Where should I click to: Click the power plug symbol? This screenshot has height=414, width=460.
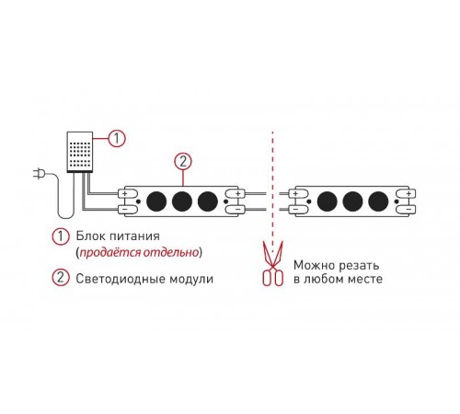(x=39, y=174)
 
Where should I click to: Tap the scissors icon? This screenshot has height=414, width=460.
(x=272, y=263)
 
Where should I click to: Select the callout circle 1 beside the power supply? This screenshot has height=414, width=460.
(x=117, y=139)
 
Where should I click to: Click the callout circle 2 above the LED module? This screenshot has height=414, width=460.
(x=183, y=161)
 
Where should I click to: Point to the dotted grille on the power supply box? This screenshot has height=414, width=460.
(x=80, y=153)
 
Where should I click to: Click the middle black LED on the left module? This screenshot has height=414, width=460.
(x=182, y=201)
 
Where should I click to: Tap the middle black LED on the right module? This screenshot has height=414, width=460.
(x=352, y=201)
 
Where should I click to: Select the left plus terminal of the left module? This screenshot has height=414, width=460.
(x=128, y=193)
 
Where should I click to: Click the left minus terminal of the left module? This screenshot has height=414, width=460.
(x=128, y=209)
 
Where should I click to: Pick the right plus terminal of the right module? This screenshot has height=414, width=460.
(x=406, y=193)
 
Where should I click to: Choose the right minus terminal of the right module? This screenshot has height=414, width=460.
(x=406, y=209)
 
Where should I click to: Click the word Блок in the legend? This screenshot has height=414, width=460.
(x=90, y=236)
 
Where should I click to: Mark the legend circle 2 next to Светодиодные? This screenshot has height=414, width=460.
(x=61, y=278)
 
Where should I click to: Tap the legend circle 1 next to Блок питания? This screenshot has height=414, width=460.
(x=61, y=236)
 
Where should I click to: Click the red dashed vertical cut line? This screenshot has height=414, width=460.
(x=272, y=185)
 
